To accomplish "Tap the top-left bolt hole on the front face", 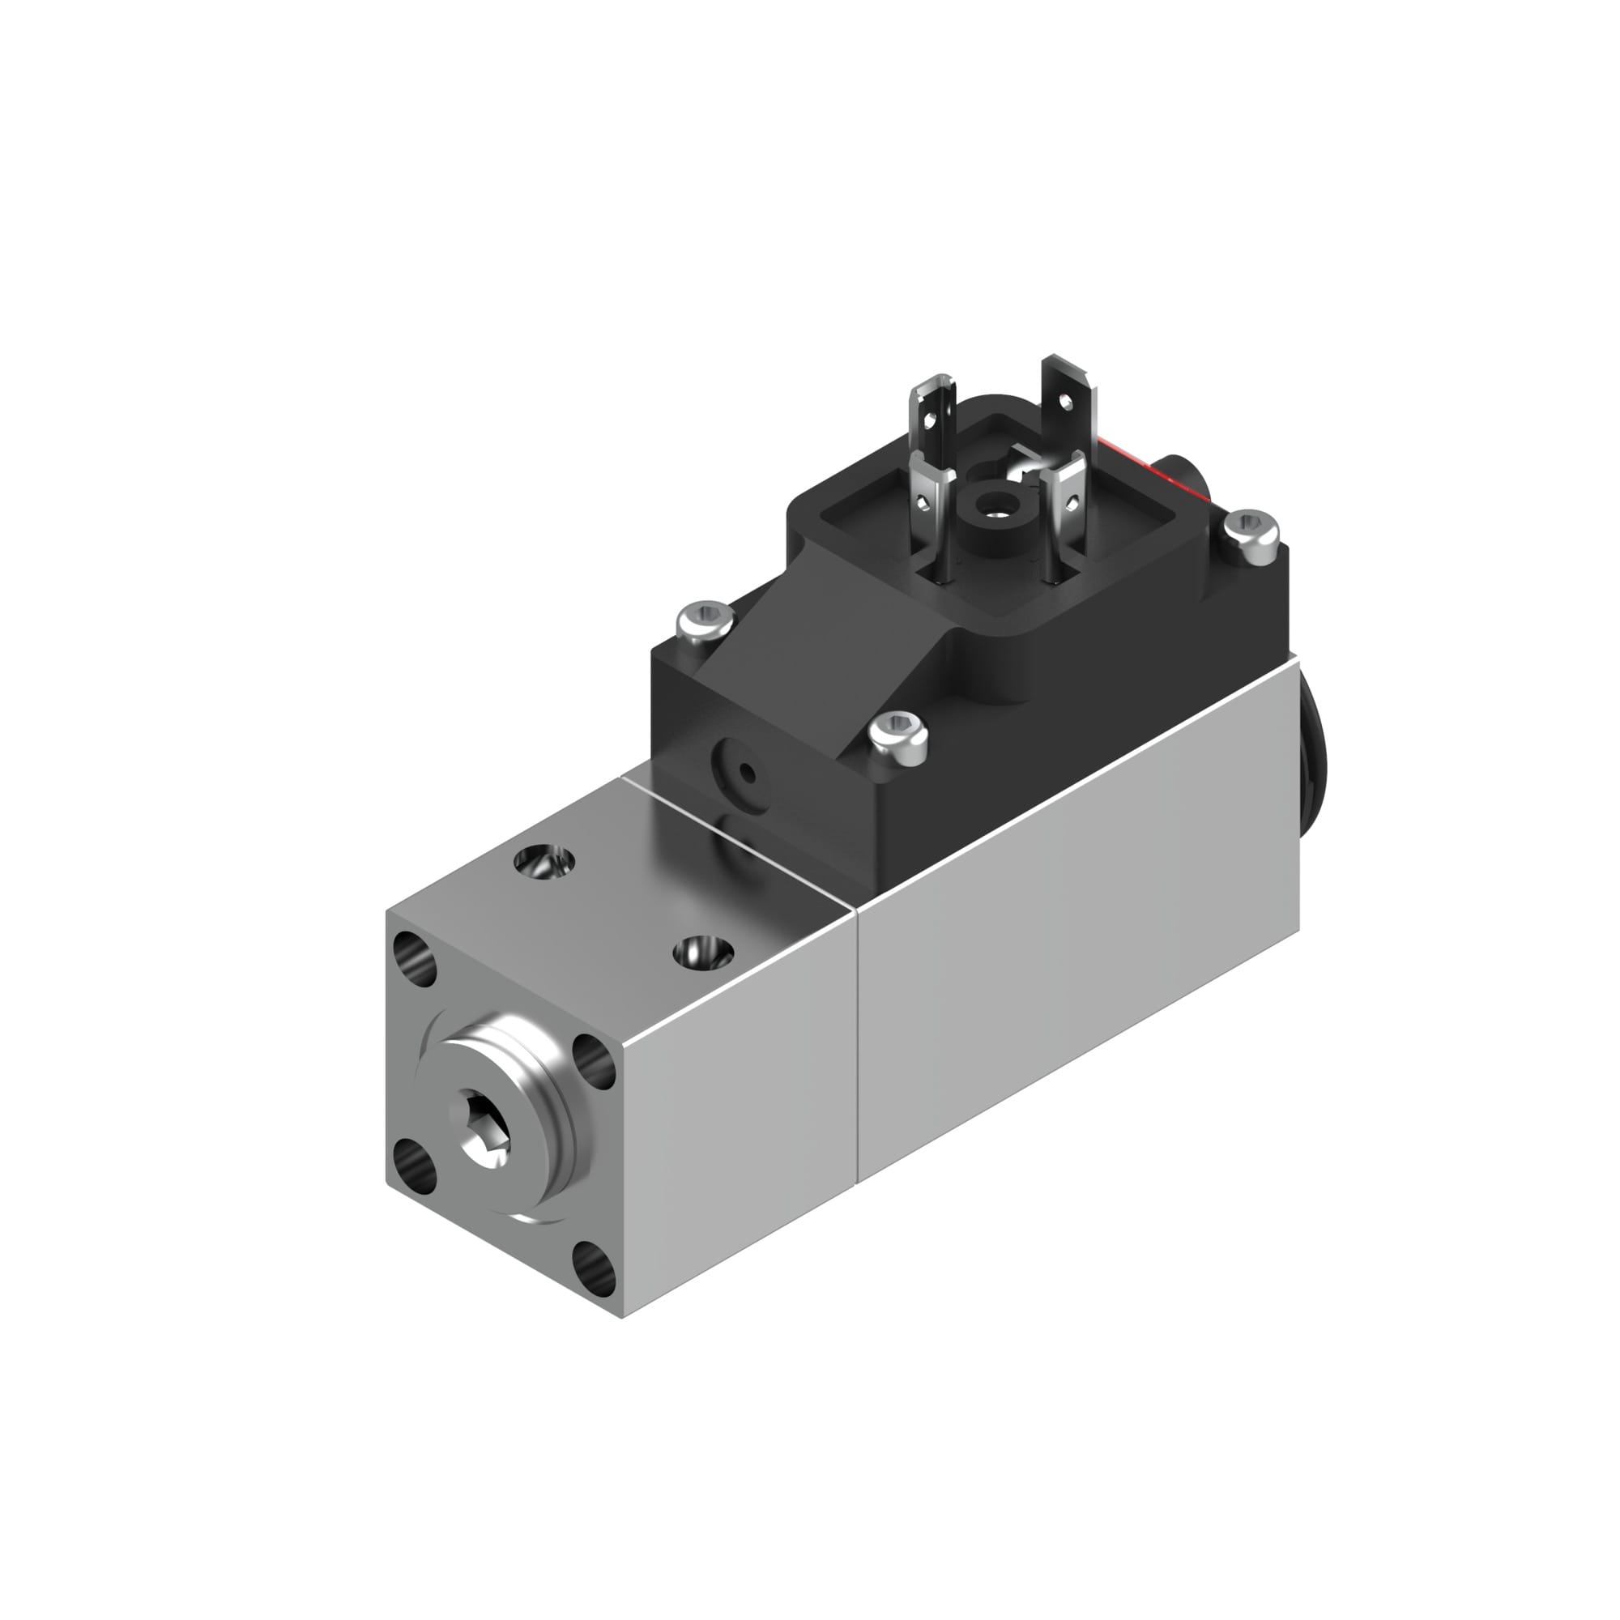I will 413,958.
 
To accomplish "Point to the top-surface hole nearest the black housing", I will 545,862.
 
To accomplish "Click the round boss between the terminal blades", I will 994,507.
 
